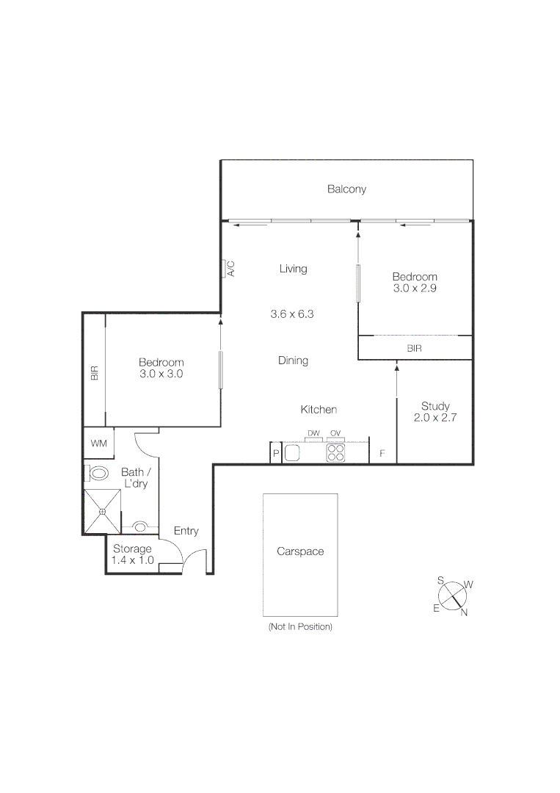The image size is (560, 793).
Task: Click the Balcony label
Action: coord(346,189)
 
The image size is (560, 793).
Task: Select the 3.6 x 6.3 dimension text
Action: coord(293,314)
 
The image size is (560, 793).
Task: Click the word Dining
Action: coord(293,361)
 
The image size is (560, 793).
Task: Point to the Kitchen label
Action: coord(319,409)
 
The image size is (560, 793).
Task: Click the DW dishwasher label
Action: coord(313,434)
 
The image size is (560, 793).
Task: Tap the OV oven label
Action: coord(335,434)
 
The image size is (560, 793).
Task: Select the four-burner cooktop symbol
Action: coord(336,453)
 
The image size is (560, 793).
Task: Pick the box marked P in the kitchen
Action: coord(276,454)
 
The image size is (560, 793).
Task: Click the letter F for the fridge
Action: coord(382,454)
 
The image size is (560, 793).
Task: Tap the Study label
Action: coord(435,406)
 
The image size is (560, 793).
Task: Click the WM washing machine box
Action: coord(98,443)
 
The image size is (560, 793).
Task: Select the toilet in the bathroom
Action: coord(96,472)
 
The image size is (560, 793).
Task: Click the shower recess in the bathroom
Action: coord(101,511)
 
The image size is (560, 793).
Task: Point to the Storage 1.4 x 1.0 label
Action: coord(132,554)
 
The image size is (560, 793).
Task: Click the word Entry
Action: coord(186,531)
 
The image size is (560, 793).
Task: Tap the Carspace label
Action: coord(300,551)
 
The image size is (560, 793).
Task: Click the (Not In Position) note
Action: coord(300,626)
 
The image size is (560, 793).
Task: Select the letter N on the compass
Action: coord(464,613)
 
